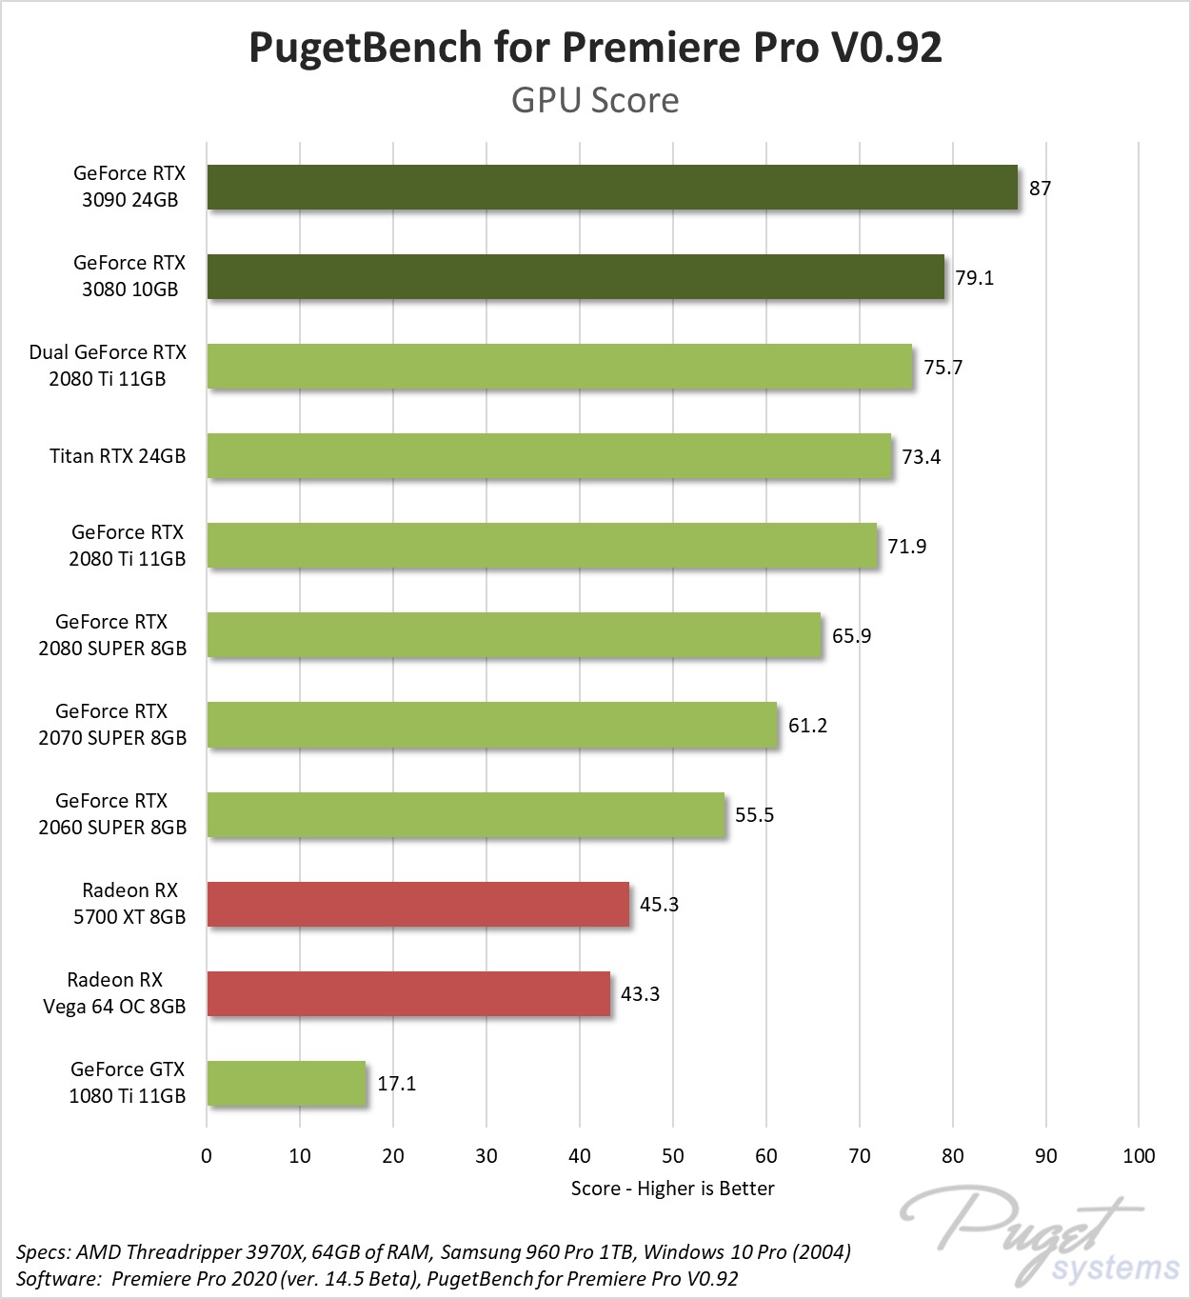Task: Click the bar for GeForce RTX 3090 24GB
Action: click(612, 187)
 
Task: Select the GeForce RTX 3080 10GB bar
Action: click(575, 276)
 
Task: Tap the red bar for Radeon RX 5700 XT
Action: click(418, 904)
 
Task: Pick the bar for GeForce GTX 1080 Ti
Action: click(287, 1083)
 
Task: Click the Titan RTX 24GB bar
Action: click(549, 455)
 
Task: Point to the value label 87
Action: click(1040, 188)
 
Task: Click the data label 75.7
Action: click(943, 367)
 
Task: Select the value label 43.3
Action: click(640, 993)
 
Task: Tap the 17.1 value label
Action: click(396, 1083)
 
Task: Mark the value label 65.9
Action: click(851, 635)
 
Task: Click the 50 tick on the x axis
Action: click(673, 1155)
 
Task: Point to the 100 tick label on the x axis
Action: click(1139, 1155)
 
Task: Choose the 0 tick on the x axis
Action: click(207, 1155)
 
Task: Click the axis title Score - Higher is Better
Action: click(672, 1188)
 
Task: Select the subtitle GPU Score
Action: click(595, 100)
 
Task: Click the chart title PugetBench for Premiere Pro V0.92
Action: click(595, 48)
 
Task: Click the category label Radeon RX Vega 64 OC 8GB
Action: click(114, 992)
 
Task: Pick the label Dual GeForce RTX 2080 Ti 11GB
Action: click(108, 365)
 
